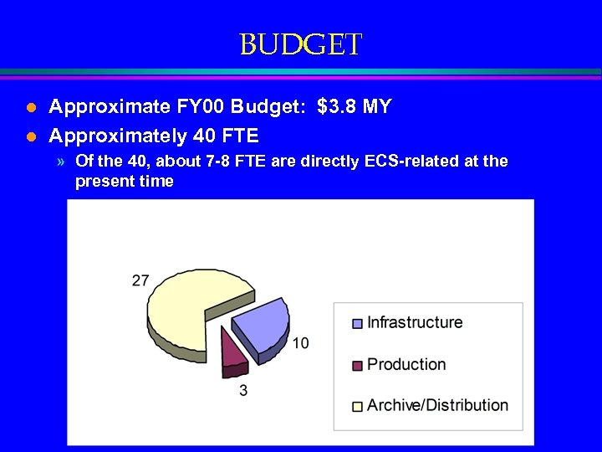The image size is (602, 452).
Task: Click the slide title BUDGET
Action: click(300, 44)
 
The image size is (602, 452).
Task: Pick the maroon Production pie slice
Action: click(232, 352)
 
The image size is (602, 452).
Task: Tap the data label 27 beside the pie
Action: click(140, 280)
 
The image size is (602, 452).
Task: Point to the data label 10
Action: click(300, 342)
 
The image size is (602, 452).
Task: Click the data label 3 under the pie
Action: click(243, 390)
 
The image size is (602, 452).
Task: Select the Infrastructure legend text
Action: click(415, 322)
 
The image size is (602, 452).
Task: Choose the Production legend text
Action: click(406, 364)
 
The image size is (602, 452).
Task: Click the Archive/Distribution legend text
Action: click(437, 405)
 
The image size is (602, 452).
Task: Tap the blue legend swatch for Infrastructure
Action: click(358, 324)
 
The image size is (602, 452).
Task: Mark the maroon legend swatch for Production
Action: click(358, 365)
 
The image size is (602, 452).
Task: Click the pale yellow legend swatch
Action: click(358, 406)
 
